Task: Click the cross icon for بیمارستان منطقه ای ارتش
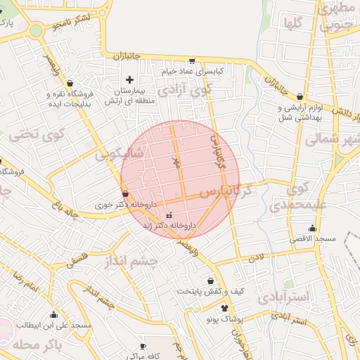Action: [x=129, y=79]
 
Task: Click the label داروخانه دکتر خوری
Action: [x=124, y=205]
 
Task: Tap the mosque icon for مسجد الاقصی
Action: [x=312, y=229]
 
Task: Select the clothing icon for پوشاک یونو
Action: [x=224, y=307]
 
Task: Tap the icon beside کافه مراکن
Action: [x=143, y=347]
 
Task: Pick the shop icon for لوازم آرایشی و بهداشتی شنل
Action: [x=300, y=97]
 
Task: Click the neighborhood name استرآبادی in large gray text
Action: [x=283, y=297]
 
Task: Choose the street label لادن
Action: [x=255, y=258]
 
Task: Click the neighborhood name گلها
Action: [x=293, y=22]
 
